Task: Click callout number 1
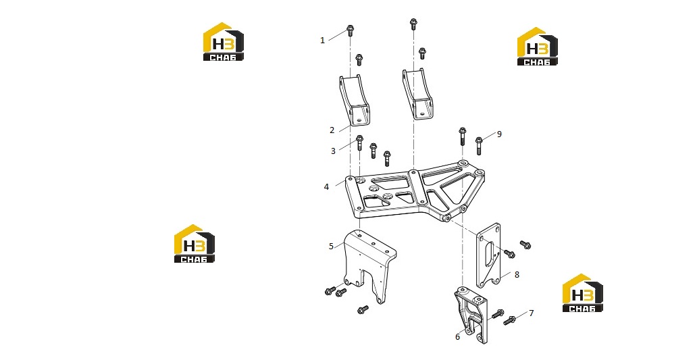pyautogui.click(x=323, y=41)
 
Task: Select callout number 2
pyautogui.click(x=332, y=130)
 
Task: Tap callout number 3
pyautogui.click(x=334, y=151)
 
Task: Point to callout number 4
pyautogui.click(x=327, y=187)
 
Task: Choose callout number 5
pyautogui.click(x=331, y=246)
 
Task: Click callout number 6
pyautogui.click(x=458, y=337)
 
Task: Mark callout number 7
pyautogui.click(x=531, y=313)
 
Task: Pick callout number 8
pyautogui.click(x=517, y=275)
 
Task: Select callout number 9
pyautogui.click(x=499, y=134)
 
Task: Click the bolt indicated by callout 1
pyautogui.click(x=350, y=30)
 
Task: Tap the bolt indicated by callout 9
pyautogui.click(x=479, y=146)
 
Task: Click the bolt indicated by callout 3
pyautogui.click(x=359, y=143)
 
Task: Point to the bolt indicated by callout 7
pyautogui.click(x=509, y=320)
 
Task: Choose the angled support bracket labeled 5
pyautogui.click(x=369, y=263)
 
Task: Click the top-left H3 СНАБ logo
pyautogui.click(x=224, y=42)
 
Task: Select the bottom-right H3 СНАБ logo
pyautogui.click(x=582, y=293)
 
